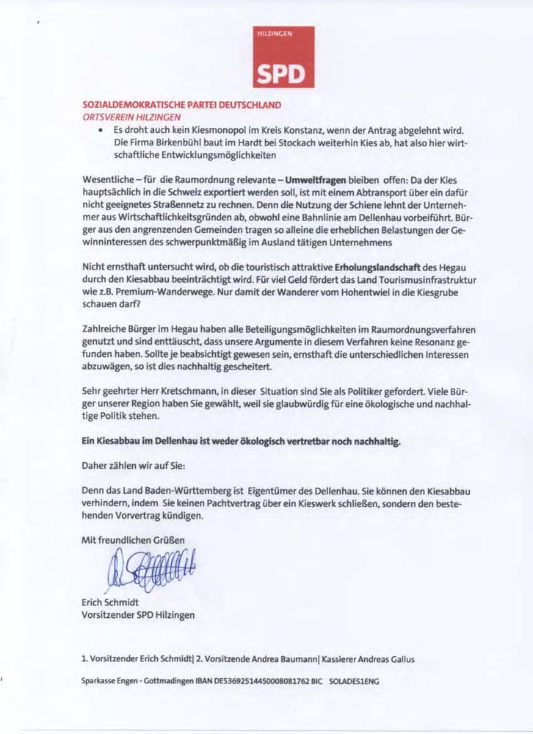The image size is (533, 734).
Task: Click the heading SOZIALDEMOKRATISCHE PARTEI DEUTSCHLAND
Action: (x=181, y=105)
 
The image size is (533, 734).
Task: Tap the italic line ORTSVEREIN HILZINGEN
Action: (x=131, y=116)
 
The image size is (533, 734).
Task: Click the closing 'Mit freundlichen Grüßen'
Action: (x=133, y=540)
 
